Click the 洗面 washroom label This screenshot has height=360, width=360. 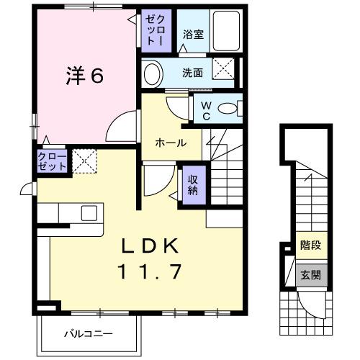click(x=192, y=73)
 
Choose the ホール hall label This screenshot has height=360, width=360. click(x=171, y=143)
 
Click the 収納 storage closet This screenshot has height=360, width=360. click(x=193, y=185)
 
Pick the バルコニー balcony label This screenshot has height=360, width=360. click(x=87, y=333)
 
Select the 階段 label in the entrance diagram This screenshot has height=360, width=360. click(x=310, y=245)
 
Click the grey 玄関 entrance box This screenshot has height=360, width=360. click(x=310, y=274)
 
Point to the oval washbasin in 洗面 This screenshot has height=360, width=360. click(x=152, y=73)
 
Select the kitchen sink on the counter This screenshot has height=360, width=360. click(x=89, y=213)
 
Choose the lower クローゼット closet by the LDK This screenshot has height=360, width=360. click(x=53, y=161)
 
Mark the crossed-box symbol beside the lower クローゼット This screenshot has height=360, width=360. click(x=85, y=161)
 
